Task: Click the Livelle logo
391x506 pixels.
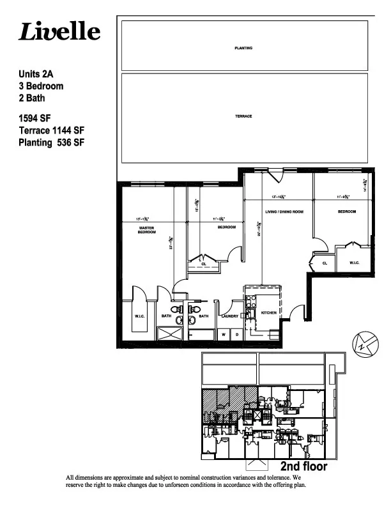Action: point(59,32)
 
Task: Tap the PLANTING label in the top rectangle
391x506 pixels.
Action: point(243,48)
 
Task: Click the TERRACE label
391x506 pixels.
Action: point(243,116)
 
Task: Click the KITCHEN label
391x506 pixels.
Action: point(268,312)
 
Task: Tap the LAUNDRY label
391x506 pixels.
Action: point(229,316)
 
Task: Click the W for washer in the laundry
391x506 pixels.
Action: point(224,334)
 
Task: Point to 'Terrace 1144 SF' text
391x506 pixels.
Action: point(52,130)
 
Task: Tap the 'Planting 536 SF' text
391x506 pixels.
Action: point(52,142)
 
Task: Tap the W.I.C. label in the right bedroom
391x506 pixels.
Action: point(353,263)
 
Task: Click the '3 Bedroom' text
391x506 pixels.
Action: point(41,86)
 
